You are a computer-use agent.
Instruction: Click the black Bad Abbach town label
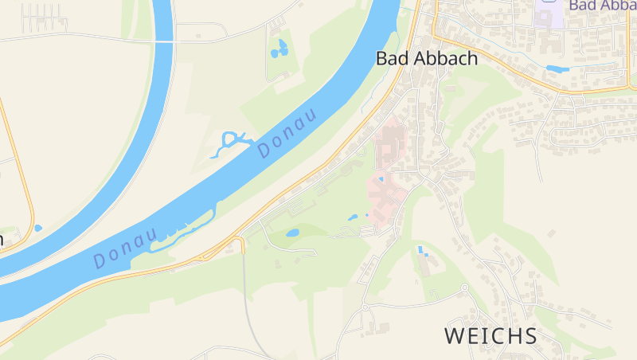(x=426, y=58)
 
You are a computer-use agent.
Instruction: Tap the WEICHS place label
(x=490, y=335)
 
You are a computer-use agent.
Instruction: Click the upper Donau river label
(x=287, y=131)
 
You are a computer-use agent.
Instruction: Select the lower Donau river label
(x=123, y=248)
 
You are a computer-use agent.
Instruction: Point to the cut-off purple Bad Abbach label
(x=602, y=5)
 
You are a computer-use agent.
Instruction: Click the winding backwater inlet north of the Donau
(x=229, y=142)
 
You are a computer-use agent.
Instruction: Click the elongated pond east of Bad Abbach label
(x=557, y=69)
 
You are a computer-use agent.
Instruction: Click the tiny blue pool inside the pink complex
(x=381, y=179)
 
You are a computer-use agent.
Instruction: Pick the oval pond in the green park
(x=292, y=233)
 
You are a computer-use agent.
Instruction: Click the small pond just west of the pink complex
(x=353, y=217)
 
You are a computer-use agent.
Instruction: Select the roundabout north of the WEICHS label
(x=464, y=288)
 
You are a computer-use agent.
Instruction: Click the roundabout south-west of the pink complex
(x=365, y=307)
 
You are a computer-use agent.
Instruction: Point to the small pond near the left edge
(x=37, y=228)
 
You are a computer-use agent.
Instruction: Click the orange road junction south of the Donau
(x=237, y=239)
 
